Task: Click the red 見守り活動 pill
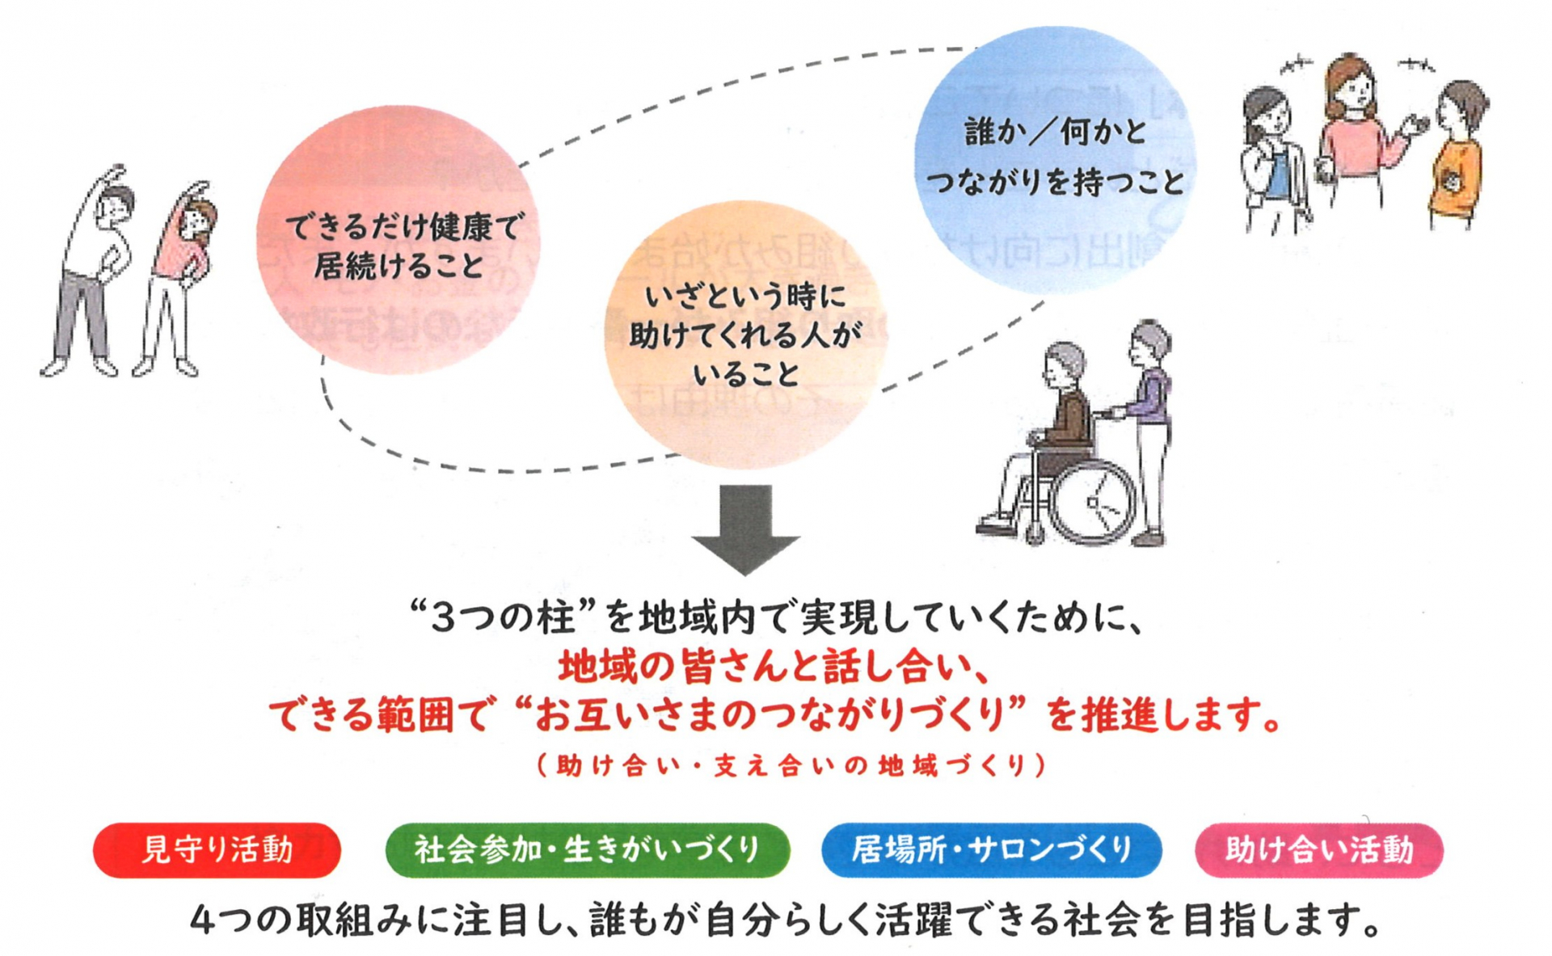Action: click(x=217, y=850)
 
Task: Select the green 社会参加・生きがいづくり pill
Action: click(x=588, y=850)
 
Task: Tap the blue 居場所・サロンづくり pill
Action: click(x=991, y=850)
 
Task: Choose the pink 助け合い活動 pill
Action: click(x=1319, y=850)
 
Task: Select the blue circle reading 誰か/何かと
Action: click(x=1055, y=158)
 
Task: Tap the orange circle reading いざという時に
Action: click(x=744, y=335)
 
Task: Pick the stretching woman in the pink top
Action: click(x=179, y=279)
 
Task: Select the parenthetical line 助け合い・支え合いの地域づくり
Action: click(x=792, y=765)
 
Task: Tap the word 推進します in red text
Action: click(x=1164, y=715)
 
